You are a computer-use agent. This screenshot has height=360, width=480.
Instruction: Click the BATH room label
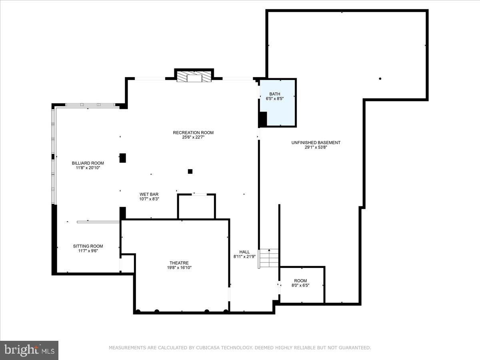[275, 94]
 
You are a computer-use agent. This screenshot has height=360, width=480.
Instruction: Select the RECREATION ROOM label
[193, 133]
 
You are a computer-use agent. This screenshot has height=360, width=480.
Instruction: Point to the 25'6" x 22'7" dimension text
[193, 138]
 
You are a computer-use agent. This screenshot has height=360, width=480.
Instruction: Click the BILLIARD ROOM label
[88, 163]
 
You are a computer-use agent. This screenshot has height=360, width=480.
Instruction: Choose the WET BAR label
[149, 194]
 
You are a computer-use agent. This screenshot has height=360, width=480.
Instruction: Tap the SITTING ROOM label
[88, 246]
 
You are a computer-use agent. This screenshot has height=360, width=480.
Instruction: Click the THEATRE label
[178, 263]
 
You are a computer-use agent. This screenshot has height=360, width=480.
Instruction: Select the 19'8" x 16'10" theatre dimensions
[180, 268]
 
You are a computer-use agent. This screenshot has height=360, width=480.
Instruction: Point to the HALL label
[244, 252]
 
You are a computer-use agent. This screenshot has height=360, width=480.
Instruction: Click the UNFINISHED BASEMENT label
[316, 143]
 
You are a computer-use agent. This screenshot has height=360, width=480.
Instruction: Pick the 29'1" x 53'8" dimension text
[316, 148]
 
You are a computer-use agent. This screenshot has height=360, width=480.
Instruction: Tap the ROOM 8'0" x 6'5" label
[300, 283]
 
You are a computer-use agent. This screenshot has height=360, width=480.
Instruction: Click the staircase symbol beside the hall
[269, 258]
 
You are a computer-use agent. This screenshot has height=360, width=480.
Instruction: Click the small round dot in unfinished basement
[380, 79]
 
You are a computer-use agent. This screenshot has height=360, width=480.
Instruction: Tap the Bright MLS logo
[29, 350]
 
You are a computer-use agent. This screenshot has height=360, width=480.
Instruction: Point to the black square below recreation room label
[190, 172]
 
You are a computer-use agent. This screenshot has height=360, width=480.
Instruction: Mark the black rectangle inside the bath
[263, 119]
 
